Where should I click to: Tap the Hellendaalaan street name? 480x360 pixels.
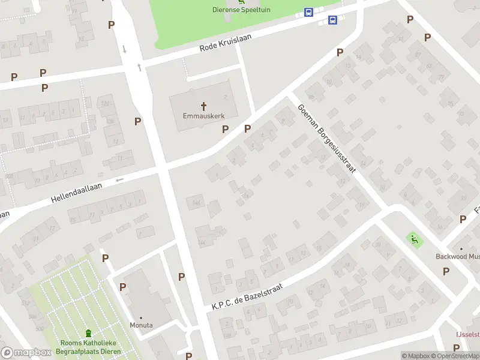point(77,193)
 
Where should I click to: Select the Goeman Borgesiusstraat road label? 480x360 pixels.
point(326,138)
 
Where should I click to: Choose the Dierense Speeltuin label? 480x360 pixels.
point(241,9)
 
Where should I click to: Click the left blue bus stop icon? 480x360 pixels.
point(308,12)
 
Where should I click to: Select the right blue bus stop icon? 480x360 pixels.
point(332,20)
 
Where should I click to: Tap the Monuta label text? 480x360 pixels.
point(142,325)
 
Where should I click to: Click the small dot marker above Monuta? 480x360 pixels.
point(142,317)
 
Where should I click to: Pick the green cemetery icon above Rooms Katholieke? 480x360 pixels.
point(88,334)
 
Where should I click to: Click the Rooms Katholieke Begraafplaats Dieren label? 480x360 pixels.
point(88,347)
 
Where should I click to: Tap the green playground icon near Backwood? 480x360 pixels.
point(413,239)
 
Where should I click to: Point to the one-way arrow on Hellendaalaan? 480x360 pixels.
point(119,179)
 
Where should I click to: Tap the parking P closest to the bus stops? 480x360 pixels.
point(340,53)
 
